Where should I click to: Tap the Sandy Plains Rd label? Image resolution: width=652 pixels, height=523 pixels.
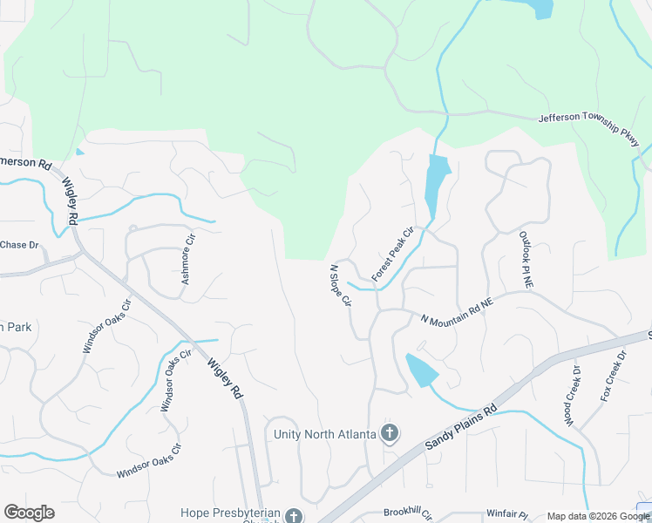click(461, 427)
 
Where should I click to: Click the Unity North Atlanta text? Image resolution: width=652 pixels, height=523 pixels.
click(324, 433)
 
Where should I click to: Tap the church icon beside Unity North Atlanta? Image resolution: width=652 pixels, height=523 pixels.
click(390, 433)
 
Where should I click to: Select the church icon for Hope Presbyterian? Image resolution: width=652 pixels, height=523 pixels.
click(295, 515)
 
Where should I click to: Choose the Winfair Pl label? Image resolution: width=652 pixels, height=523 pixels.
click(507, 513)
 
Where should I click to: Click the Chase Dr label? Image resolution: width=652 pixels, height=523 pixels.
click(20, 245)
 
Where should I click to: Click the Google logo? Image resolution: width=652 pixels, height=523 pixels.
click(29, 513)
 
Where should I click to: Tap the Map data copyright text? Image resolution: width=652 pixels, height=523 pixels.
click(598, 516)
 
